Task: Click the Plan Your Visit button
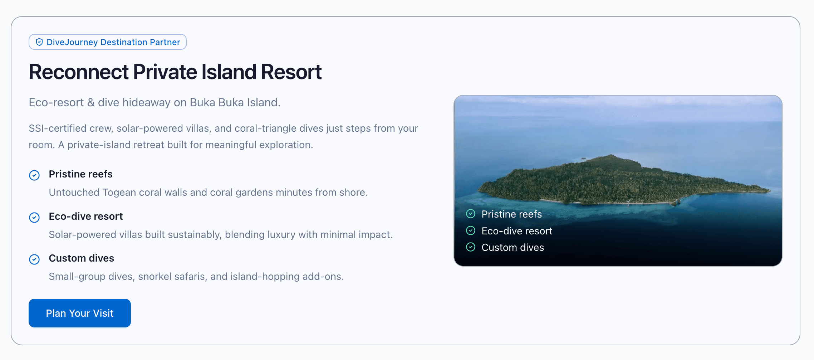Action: click(79, 313)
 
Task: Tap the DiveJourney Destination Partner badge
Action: click(108, 42)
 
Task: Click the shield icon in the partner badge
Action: click(39, 42)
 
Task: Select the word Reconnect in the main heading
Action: click(78, 72)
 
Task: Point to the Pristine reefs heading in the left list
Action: click(80, 174)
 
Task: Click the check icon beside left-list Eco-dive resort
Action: click(34, 217)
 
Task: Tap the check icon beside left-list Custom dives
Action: click(34, 259)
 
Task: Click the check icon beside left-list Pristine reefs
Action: click(34, 175)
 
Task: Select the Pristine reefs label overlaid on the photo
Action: click(511, 214)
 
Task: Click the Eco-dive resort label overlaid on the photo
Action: click(517, 231)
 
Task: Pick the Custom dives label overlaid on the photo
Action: click(513, 247)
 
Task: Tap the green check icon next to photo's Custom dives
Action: click(471, 247)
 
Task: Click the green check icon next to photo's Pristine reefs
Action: click(471, 214)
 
